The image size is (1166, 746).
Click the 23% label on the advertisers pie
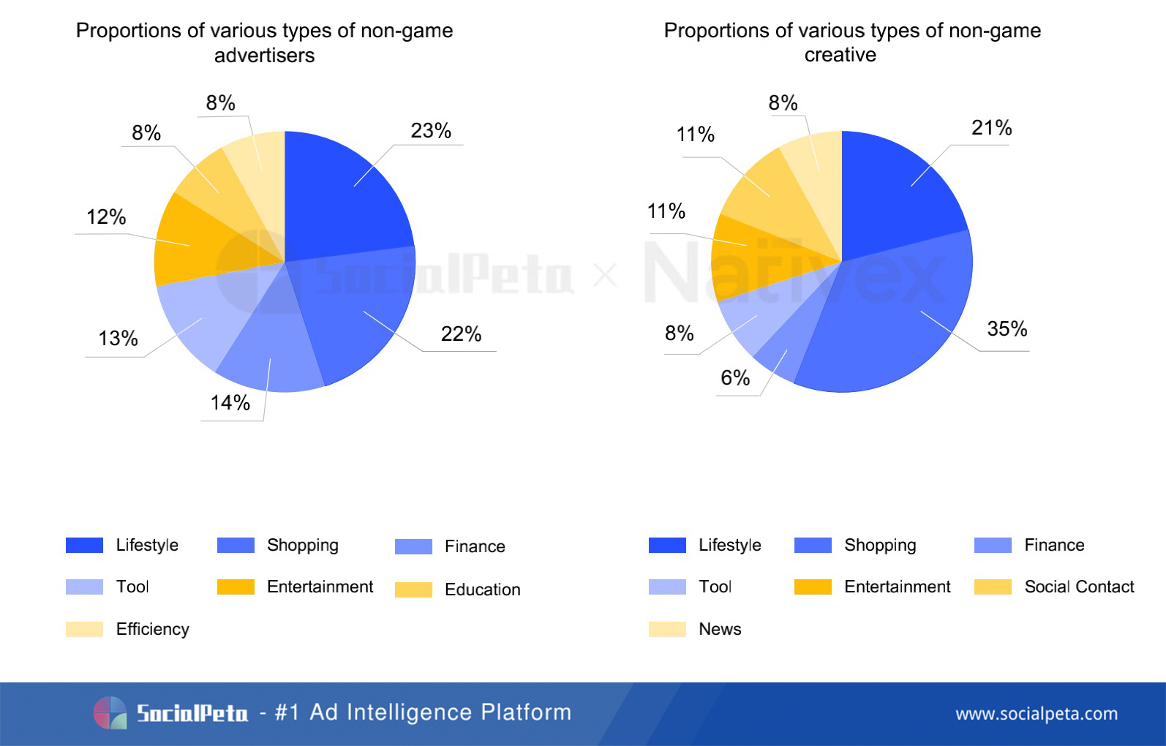(431, 131)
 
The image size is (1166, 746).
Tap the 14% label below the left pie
(230, 403)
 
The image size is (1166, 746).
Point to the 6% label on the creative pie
(735, 378)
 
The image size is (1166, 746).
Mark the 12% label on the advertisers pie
(106, 217)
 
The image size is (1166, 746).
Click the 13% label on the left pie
(118, 339)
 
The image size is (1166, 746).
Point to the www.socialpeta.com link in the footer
(1037, 714)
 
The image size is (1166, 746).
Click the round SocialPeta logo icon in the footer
(110, 712)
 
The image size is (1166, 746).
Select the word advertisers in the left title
(264, 56)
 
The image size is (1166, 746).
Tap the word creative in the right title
(840, 55)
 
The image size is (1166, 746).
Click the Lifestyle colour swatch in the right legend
(667, 546)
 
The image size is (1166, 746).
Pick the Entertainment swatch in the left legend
(236, 587)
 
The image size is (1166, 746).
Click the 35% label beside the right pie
(1007, 329)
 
